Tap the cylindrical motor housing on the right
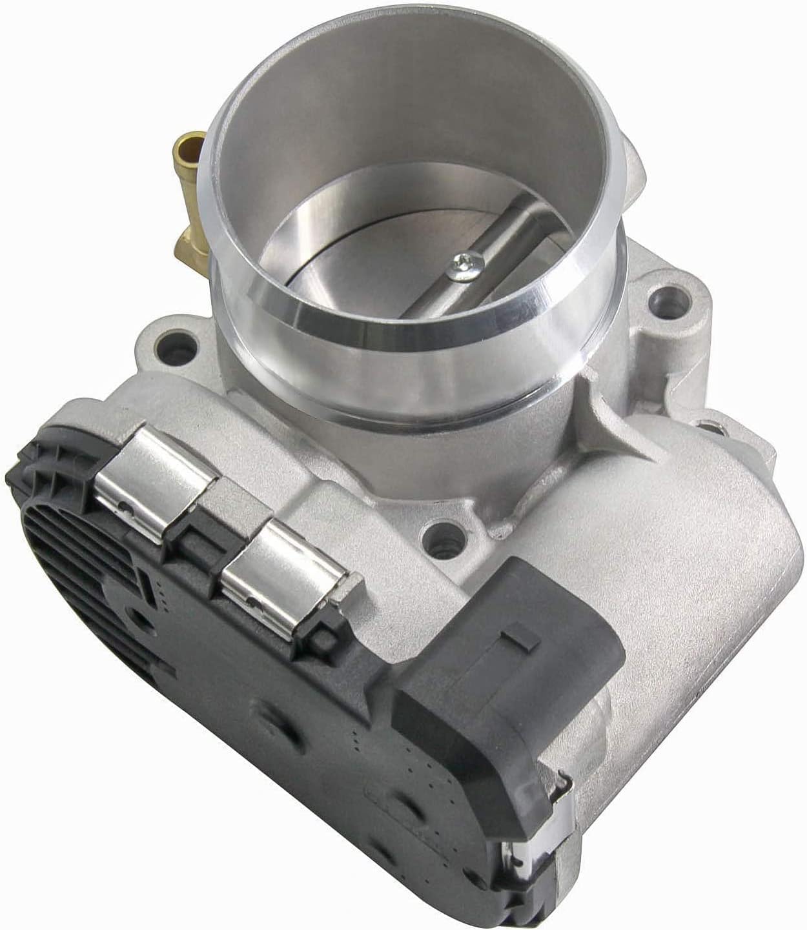click(x=697, y=581)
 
